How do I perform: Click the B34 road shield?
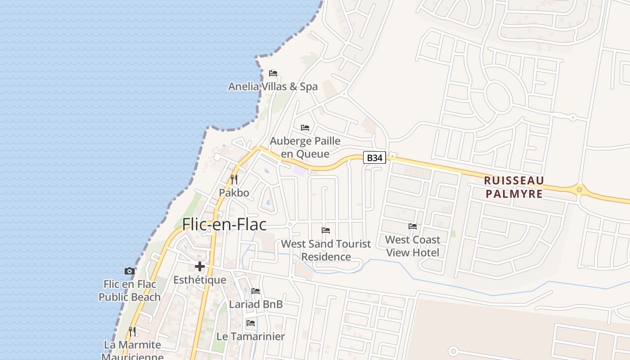pos(375,157)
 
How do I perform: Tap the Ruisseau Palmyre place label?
pos(514,187)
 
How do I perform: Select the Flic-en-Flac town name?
pos(224,224)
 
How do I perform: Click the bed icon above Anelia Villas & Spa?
pos(273,73)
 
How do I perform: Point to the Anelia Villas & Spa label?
pos(273,86)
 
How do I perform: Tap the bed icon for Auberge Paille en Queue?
pos(305,128)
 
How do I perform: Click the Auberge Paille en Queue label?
pos(305,147)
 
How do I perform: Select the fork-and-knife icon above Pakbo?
pos(234,180)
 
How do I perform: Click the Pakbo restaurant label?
pos(234,193)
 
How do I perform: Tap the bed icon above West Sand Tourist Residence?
pos(326,230)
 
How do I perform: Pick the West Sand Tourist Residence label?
pos(326,250)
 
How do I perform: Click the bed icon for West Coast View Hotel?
pos(413,226)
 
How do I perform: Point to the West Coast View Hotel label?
pos(413,246)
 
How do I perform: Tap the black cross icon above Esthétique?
pos(200,266)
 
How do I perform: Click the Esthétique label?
pos(200,280)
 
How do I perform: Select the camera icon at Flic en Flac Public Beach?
pos(130,271)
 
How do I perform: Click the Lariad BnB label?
pos(256,304)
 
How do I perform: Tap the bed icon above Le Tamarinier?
pos(251,323)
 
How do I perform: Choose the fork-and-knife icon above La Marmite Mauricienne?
pos(132,332)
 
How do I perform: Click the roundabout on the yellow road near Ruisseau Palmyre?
pos(579,189)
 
